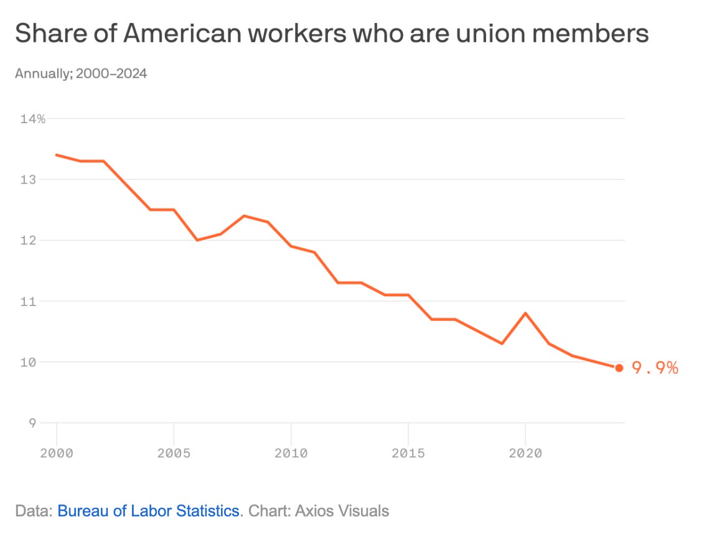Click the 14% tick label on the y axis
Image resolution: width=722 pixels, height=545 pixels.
32,119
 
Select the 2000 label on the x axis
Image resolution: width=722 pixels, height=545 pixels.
57,453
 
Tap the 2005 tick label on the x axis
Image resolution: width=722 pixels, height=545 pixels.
174,453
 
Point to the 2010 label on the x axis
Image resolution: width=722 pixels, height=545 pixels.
291,453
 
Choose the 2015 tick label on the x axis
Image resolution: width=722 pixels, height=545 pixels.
408,453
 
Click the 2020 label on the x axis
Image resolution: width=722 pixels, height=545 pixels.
525,453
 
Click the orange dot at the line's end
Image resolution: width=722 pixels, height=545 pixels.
619,368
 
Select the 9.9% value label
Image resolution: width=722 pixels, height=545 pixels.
655,368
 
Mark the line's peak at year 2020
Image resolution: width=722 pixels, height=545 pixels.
525,313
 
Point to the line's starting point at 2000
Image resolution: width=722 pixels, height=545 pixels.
57,155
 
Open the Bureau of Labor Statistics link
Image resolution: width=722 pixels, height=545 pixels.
148,511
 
